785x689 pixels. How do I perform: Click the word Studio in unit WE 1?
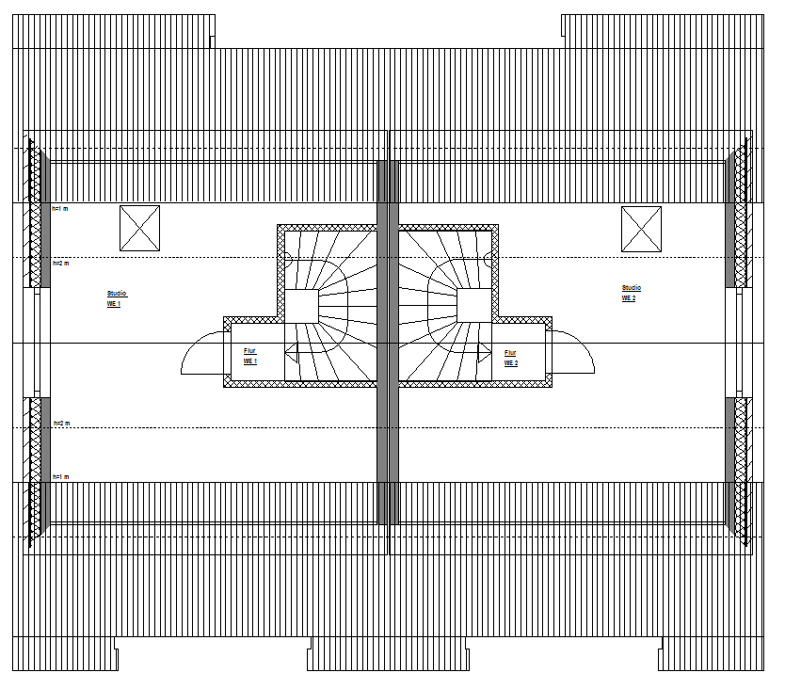tap(117, 295)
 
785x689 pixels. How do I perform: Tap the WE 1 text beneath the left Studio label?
tap(114, 305)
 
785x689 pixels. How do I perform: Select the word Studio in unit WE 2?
tap(631, 288)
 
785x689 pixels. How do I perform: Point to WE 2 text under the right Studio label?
tap(628, 298)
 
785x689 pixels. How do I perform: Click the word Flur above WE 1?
tap(249, 351)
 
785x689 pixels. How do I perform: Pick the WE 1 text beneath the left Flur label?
tap(249, 361)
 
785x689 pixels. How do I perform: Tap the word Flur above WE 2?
tap(510, 352)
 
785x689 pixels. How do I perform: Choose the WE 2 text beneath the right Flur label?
tap(510, 362)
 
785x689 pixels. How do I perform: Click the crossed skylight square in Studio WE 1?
tap(139, 228)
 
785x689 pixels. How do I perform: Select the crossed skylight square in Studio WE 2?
tap(641, 229)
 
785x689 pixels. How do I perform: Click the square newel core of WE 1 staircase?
tap(301, 306)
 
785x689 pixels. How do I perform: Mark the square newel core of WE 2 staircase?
tap(473, 306)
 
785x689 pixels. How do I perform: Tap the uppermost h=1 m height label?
tap(60, 208)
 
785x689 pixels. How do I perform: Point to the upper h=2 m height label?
tap(60, 264)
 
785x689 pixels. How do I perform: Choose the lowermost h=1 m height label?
tap(60, 477)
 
